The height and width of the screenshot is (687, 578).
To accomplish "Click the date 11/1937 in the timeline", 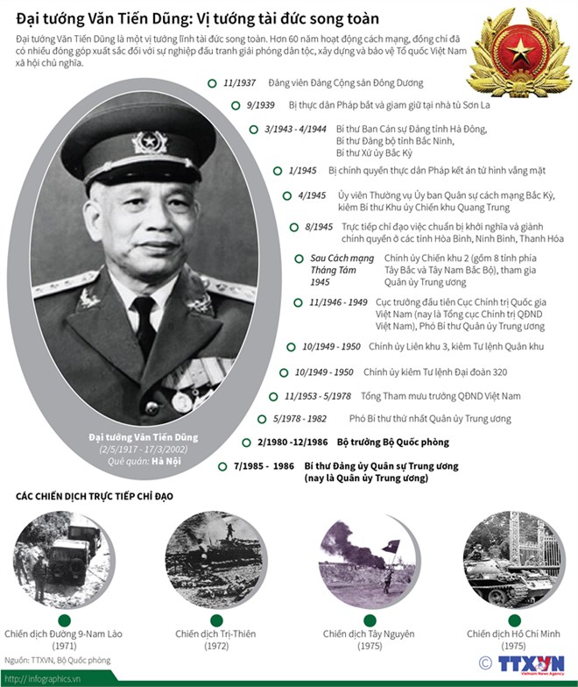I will click(x=240, y=83).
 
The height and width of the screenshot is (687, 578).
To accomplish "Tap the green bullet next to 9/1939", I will click(x=236, y=104).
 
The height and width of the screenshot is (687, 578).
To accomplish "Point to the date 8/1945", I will click(x=318, y=226).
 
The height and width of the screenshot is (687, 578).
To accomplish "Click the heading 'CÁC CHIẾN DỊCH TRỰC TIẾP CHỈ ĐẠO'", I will click(x=95, y=496).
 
